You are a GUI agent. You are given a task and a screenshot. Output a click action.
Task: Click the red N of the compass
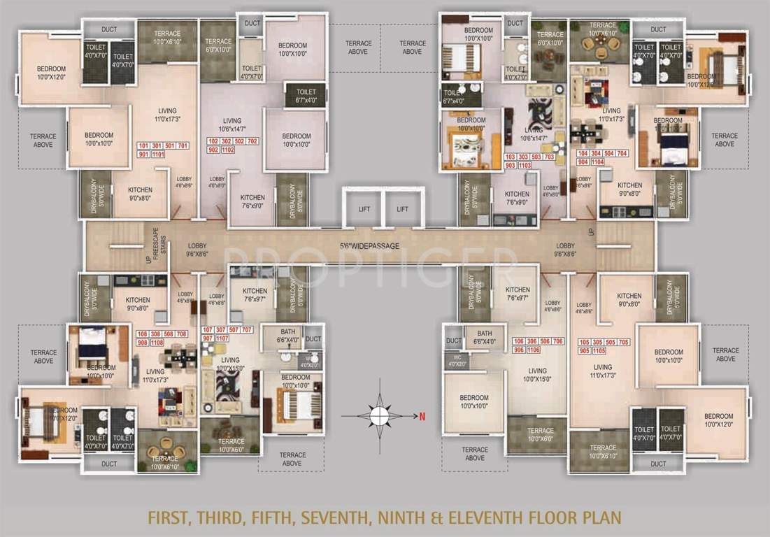[x=422, y=417]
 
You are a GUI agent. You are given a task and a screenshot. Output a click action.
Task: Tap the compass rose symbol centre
[x=379, y=416]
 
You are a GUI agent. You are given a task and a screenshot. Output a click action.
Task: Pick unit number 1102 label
[x=228, y=150]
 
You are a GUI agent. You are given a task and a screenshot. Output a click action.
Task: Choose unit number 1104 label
[x=597, y=162]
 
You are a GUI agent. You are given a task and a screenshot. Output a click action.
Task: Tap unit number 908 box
[x=143, y=343]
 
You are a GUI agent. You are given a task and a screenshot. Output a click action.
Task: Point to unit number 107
[x=207, y=329]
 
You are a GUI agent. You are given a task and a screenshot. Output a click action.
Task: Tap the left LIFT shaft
[x=363, y=208]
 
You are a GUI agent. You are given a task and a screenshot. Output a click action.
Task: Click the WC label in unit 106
[x=457, y=359]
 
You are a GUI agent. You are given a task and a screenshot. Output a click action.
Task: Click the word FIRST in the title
[x=173, y=518]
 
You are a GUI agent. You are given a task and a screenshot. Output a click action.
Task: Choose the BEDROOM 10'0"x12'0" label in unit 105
[x=718, y=420]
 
